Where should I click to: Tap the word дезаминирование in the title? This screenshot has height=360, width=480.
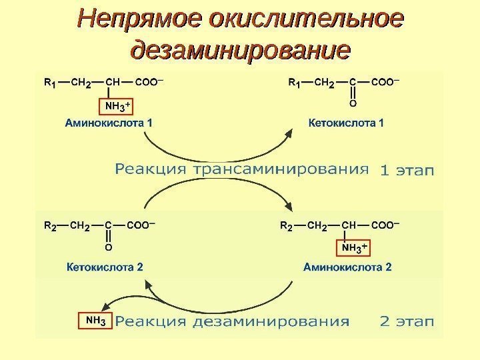241,50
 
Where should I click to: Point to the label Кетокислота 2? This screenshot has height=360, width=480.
105,267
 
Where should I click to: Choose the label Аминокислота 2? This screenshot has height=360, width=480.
347,267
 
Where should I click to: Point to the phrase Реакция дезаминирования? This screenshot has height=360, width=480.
232,321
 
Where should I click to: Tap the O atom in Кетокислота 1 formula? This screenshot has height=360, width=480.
353,104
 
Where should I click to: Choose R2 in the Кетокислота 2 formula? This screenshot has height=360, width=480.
50,226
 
